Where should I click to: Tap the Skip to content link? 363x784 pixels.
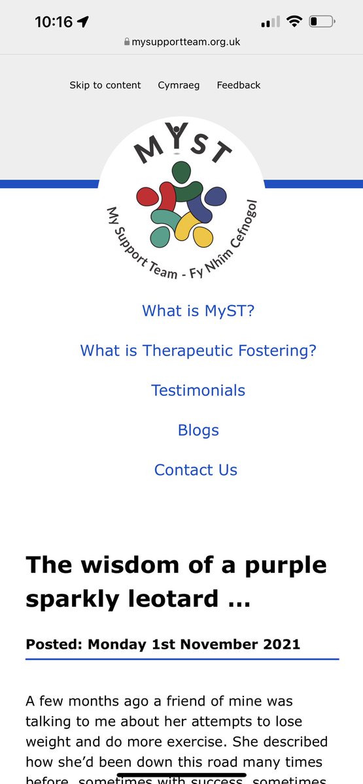tap(105, 85)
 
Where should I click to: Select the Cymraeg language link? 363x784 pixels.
tap(179, 85)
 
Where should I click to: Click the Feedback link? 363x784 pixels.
tap(239, 85)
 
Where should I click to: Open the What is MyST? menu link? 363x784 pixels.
tap(198, 310)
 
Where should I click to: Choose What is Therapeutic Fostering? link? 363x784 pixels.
tap(198, 350)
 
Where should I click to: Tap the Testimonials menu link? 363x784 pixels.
tap(198, 390)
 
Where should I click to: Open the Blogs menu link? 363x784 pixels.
tap(198, 430)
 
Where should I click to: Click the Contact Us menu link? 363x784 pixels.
tap(196, 470)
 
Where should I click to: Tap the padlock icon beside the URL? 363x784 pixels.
tap(126, 42)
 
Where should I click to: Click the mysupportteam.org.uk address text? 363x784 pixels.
tap(186, 42)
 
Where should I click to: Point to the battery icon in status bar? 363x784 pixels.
tap(322, 22)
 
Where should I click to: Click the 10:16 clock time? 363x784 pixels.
tap(54, 22)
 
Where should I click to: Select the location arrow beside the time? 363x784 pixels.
tap(83, 22)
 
